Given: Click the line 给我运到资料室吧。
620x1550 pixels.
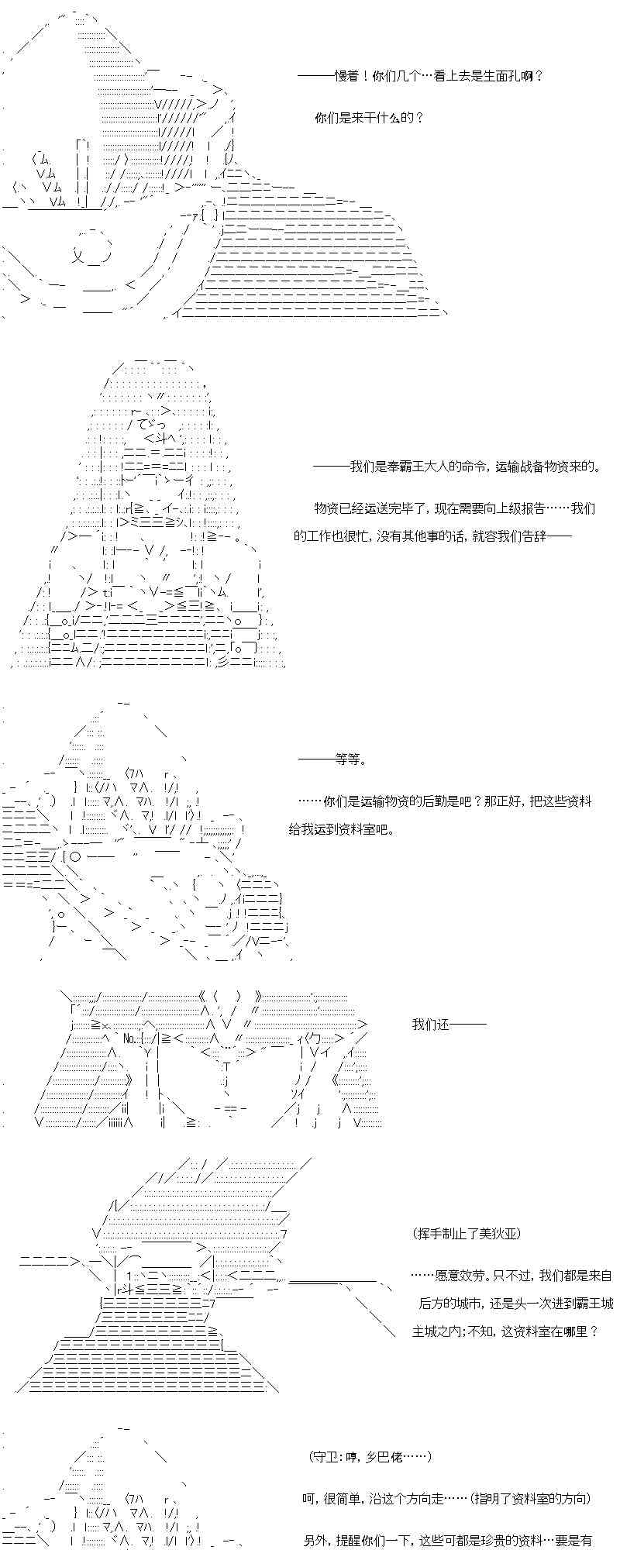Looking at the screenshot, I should (x=341, y=829).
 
